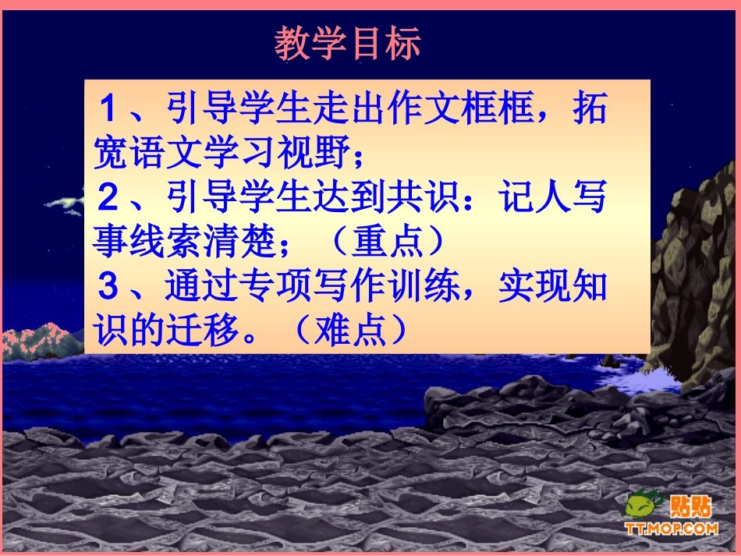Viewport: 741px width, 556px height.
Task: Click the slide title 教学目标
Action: [x=347, y=45]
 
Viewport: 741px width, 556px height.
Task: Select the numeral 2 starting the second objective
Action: [x=107, y=200]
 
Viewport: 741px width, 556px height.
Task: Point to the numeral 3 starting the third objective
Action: [x=107, y=288]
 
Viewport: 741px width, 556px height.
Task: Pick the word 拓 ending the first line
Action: [x=587, y=110]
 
